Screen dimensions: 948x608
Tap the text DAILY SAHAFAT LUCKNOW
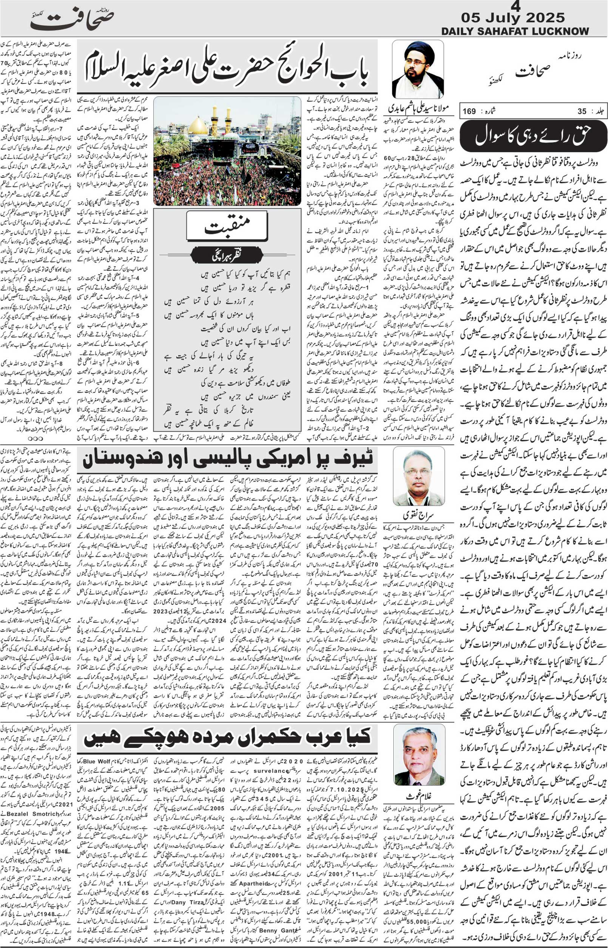(x=515, y=31)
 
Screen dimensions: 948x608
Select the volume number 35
(x=582, y=112)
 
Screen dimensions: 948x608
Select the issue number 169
(x=469, y=112)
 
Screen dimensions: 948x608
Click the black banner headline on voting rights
(x=533, y=136)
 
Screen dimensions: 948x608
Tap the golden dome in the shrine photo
(x=198, y=127)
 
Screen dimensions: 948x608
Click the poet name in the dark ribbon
(x=227, y=255)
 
